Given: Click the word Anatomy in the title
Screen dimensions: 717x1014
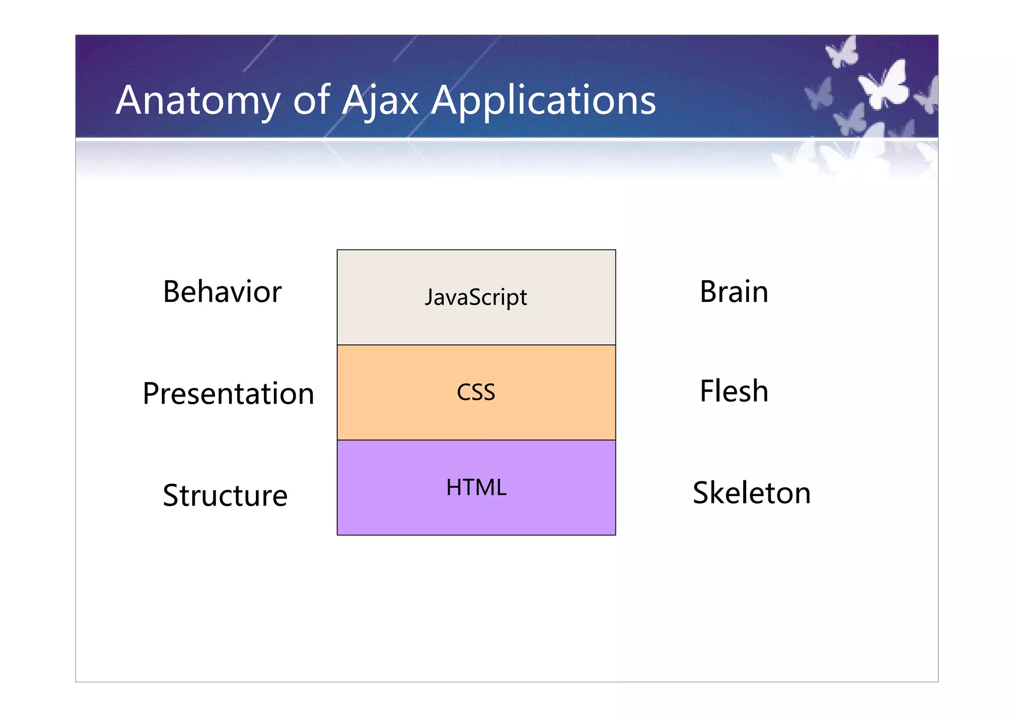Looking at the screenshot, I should point(198,102).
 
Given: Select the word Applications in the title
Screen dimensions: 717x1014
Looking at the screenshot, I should point(543,102).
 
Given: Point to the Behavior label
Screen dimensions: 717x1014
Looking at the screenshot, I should point(222,292).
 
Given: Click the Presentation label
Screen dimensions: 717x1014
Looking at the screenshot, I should point(228,394).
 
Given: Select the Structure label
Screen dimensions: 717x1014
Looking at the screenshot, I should point(225,496).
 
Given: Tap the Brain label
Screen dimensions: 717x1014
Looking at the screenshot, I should point(734,292).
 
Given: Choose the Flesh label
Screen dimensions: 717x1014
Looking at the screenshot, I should point(734,391).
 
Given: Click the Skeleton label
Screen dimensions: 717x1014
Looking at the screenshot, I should point(751,493).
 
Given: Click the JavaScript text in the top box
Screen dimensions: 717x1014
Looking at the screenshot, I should point(476,298).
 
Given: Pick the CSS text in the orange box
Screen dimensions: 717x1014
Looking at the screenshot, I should point(476,392).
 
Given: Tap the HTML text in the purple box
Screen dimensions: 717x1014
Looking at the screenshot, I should point(476,488).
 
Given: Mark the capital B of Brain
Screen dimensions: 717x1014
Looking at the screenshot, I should point(709,292).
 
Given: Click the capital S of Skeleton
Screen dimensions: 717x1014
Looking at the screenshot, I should point(702,493).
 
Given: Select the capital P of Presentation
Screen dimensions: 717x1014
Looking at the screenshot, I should point(152,394).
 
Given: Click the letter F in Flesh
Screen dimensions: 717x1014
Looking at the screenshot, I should point(708,391).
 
